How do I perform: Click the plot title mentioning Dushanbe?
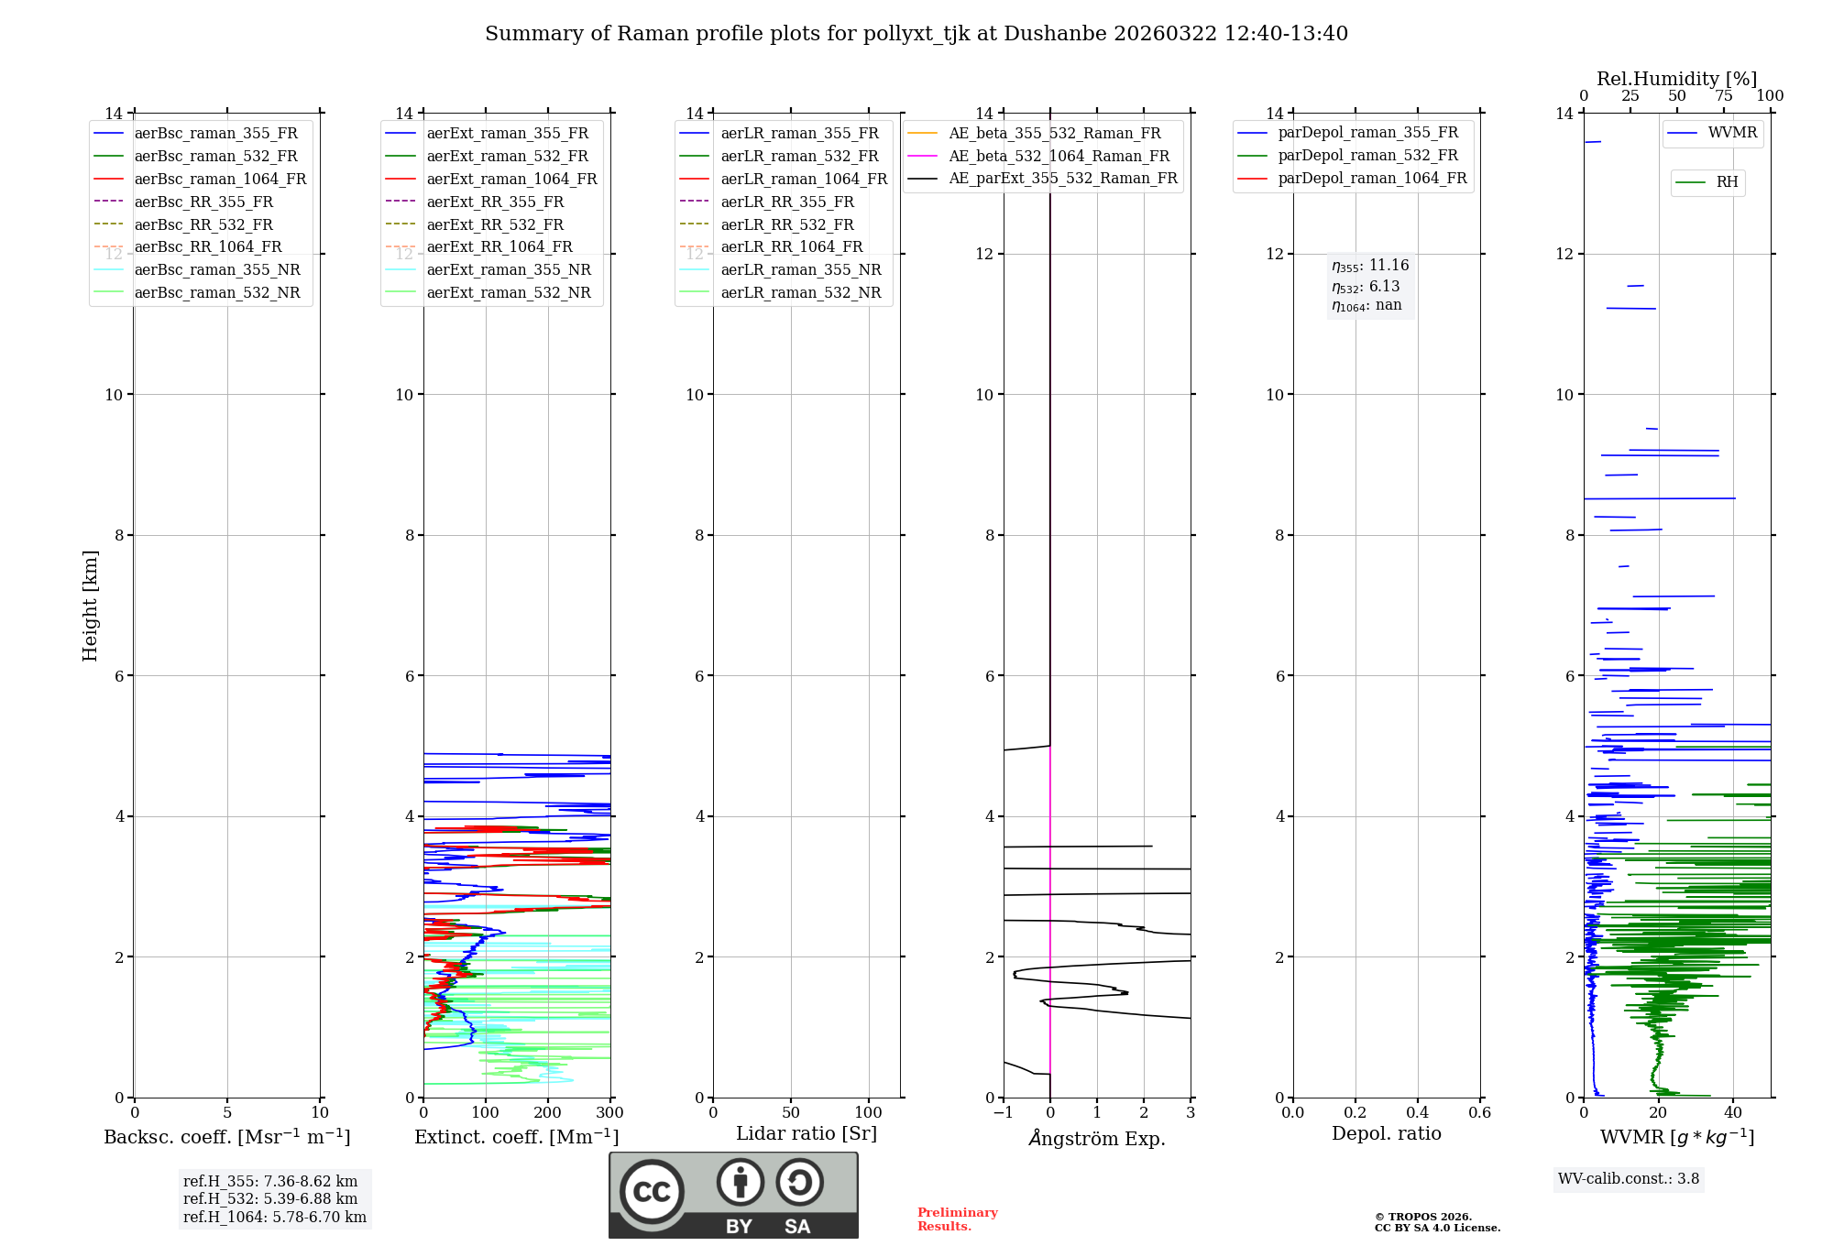pyautogui.click(x=916, y=34)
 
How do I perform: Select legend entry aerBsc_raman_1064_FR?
pyautogui.click(x=220, y=179)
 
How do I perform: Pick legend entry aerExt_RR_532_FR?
pyautogui.click(x=495, y=224)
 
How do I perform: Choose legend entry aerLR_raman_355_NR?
pyautogui.click(x=800, y=269)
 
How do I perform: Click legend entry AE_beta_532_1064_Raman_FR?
pyautogui.click(x=1059, y=156)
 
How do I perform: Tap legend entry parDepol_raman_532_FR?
pyautogui.click(x=1367, y=155)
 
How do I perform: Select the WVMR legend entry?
pyautogui.click(x=1731, y=133)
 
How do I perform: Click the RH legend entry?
pyautogui.click(x=1727, y=182)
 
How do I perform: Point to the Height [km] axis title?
pyautogui.click(x=90, y=606)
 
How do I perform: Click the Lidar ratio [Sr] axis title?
pyautogui.click(x=807, y=1133)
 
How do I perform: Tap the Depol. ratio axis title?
pyautogui.click(x=1386, y=1133)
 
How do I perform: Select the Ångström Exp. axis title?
pyautogui.click(x=1097, y=1138)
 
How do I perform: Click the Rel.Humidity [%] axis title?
pyautogui.click(x=1676, y=79)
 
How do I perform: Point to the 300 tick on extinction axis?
pyautogui.click(x=609, y=1112)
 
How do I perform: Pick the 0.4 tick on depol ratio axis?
pyautogui.click(x=1417, y=1112)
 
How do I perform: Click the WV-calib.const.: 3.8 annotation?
pyautogui.click(x=1629, y=1178)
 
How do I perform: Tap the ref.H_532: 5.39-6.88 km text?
pyautogui.click(x=270, y=1198)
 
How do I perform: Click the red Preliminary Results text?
pyautogui.click(x=957, y=1219)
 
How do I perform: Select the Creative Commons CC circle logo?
pyautogui.click(x=652, y=1191)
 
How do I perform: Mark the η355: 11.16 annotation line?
pyautogui.click(x=1370, y=266)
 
